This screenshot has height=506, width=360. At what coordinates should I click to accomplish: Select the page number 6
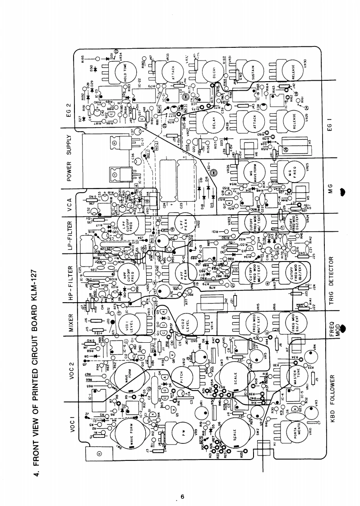point(182,497)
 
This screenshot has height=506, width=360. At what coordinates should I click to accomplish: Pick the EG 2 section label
point(70,110)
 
